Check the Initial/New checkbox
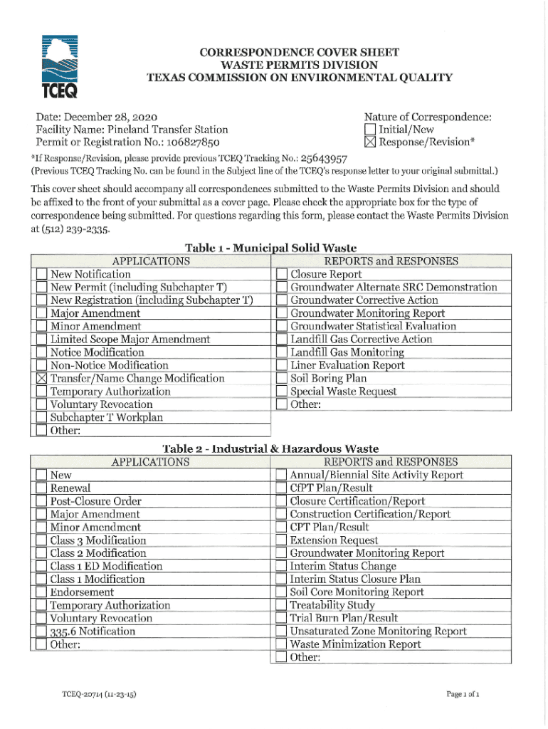coord(369,130)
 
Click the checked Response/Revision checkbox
coord(369,142)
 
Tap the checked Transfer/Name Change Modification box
coord(41,378)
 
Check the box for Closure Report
coord(281,274)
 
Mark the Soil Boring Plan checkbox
coord(281,379)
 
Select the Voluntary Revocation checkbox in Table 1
coord(41,404)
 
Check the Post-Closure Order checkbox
coord(41,501)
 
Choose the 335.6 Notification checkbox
coord(41,631)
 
